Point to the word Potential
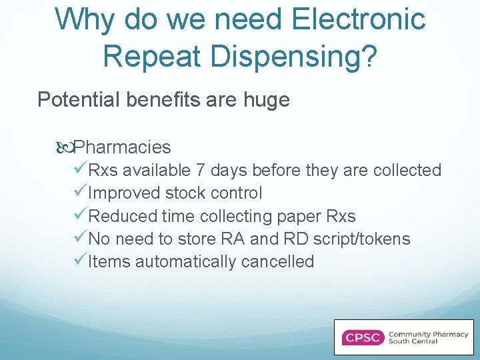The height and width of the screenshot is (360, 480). click(79, 100)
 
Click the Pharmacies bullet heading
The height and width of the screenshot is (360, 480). click(122, 147)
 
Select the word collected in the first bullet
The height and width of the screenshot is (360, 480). click(407, 171)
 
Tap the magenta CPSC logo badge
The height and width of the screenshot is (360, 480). click(362, 337)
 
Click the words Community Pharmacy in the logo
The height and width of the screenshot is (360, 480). click(428, 333)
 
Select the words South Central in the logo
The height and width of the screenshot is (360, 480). click(413, 342)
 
